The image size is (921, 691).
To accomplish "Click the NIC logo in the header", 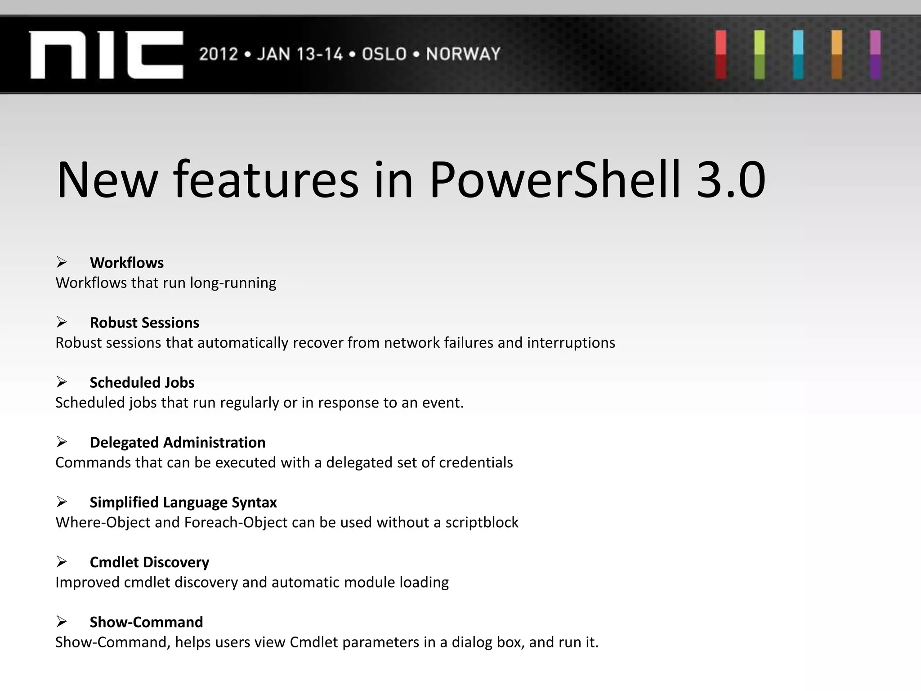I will click(106, 54).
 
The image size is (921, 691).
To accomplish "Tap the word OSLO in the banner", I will click(384, 54).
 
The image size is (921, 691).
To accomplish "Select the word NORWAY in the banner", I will click(463, 54).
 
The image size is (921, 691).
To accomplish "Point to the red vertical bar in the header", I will click(721, 54).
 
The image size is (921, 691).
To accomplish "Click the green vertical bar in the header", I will click(760, 54).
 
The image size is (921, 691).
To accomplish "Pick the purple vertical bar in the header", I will click(875, 54).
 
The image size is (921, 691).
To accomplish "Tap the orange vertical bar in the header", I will click(836, 54).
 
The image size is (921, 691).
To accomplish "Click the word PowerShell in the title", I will click(555, 180).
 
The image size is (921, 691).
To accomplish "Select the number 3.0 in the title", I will click(730, 180).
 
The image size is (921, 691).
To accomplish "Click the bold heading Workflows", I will click(126, 263).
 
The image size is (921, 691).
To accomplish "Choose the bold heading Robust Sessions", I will click(144, 323).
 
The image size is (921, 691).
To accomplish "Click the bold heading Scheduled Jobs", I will click(142, 382).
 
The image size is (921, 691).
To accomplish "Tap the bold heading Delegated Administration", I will click(177, 442).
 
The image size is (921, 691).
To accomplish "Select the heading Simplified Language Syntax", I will click(183, 502).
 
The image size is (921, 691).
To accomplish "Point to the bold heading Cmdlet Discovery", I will click(149, 562).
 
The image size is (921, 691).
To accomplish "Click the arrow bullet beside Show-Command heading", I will click(62, 622).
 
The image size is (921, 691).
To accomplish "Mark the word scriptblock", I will click(482, 522).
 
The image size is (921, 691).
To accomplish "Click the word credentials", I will click(476, 462).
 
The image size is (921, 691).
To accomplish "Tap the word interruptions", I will click(571, 343).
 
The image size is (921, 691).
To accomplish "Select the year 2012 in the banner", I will click(219, 54).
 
